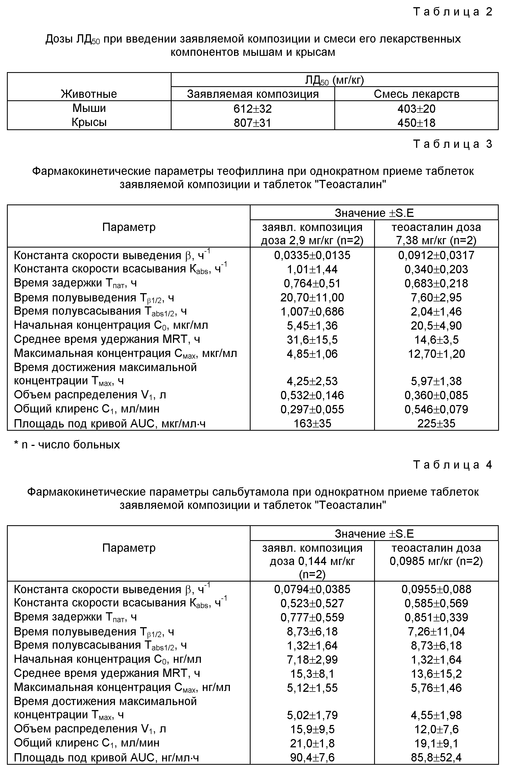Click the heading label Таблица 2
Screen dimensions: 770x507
tap(453, 12)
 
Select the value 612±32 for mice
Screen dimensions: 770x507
tap(252, 109)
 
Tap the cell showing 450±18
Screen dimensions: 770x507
tap(416, 123)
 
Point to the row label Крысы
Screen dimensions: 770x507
tap(89, 122)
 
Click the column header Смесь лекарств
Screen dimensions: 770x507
tap(416, 94)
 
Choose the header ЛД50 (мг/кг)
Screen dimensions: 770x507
tap(334, 80)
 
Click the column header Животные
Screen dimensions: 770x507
tap(89, 94)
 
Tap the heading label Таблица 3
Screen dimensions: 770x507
tap(453, 144)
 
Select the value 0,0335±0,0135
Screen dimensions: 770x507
tap(312, 255)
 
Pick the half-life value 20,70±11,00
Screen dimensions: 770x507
tap(312, 297)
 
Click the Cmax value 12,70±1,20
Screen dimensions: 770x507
tap(436, 354)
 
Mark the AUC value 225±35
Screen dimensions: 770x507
tap(436, 424)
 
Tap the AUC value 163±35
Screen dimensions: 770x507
tap(312, 424)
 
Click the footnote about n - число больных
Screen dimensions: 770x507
tap(67, 445)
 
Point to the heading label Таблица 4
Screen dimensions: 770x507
tap(453, 465)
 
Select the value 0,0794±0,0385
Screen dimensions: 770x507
tap(312, 589)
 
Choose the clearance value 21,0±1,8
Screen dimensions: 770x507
tap(312, 743)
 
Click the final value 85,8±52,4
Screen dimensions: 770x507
tap(436, 757)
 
